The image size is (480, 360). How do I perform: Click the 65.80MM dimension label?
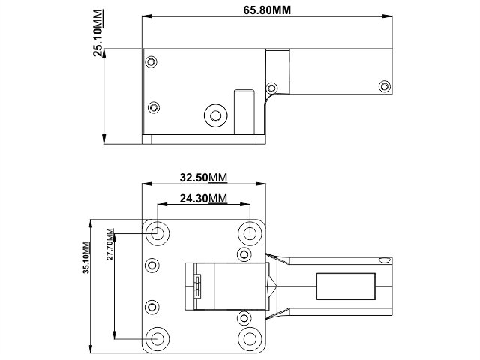(268, 10)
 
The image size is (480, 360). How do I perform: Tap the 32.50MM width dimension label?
(203, 178)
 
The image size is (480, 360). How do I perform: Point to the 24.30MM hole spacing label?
(203, 199)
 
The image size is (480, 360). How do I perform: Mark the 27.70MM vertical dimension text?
(109, 243)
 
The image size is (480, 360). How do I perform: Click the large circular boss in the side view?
(216, 115)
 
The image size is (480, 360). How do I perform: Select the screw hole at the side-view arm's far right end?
(385, 84)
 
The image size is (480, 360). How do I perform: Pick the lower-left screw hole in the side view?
(154, 106)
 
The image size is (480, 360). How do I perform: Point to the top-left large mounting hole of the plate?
(157, 232)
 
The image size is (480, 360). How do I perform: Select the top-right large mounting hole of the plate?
(250, 232)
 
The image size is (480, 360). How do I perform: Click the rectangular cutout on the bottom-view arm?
(346, 286)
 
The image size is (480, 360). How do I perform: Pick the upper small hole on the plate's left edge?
(152, 265)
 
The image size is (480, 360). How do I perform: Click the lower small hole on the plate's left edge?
(152, 307)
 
